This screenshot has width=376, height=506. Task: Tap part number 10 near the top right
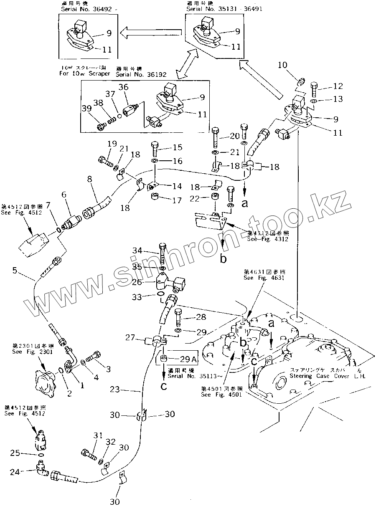(282, 65)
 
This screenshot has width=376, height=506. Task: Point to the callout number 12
(338, 86)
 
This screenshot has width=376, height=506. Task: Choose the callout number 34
(137, 250)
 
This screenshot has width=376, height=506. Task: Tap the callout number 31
(98, 435)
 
